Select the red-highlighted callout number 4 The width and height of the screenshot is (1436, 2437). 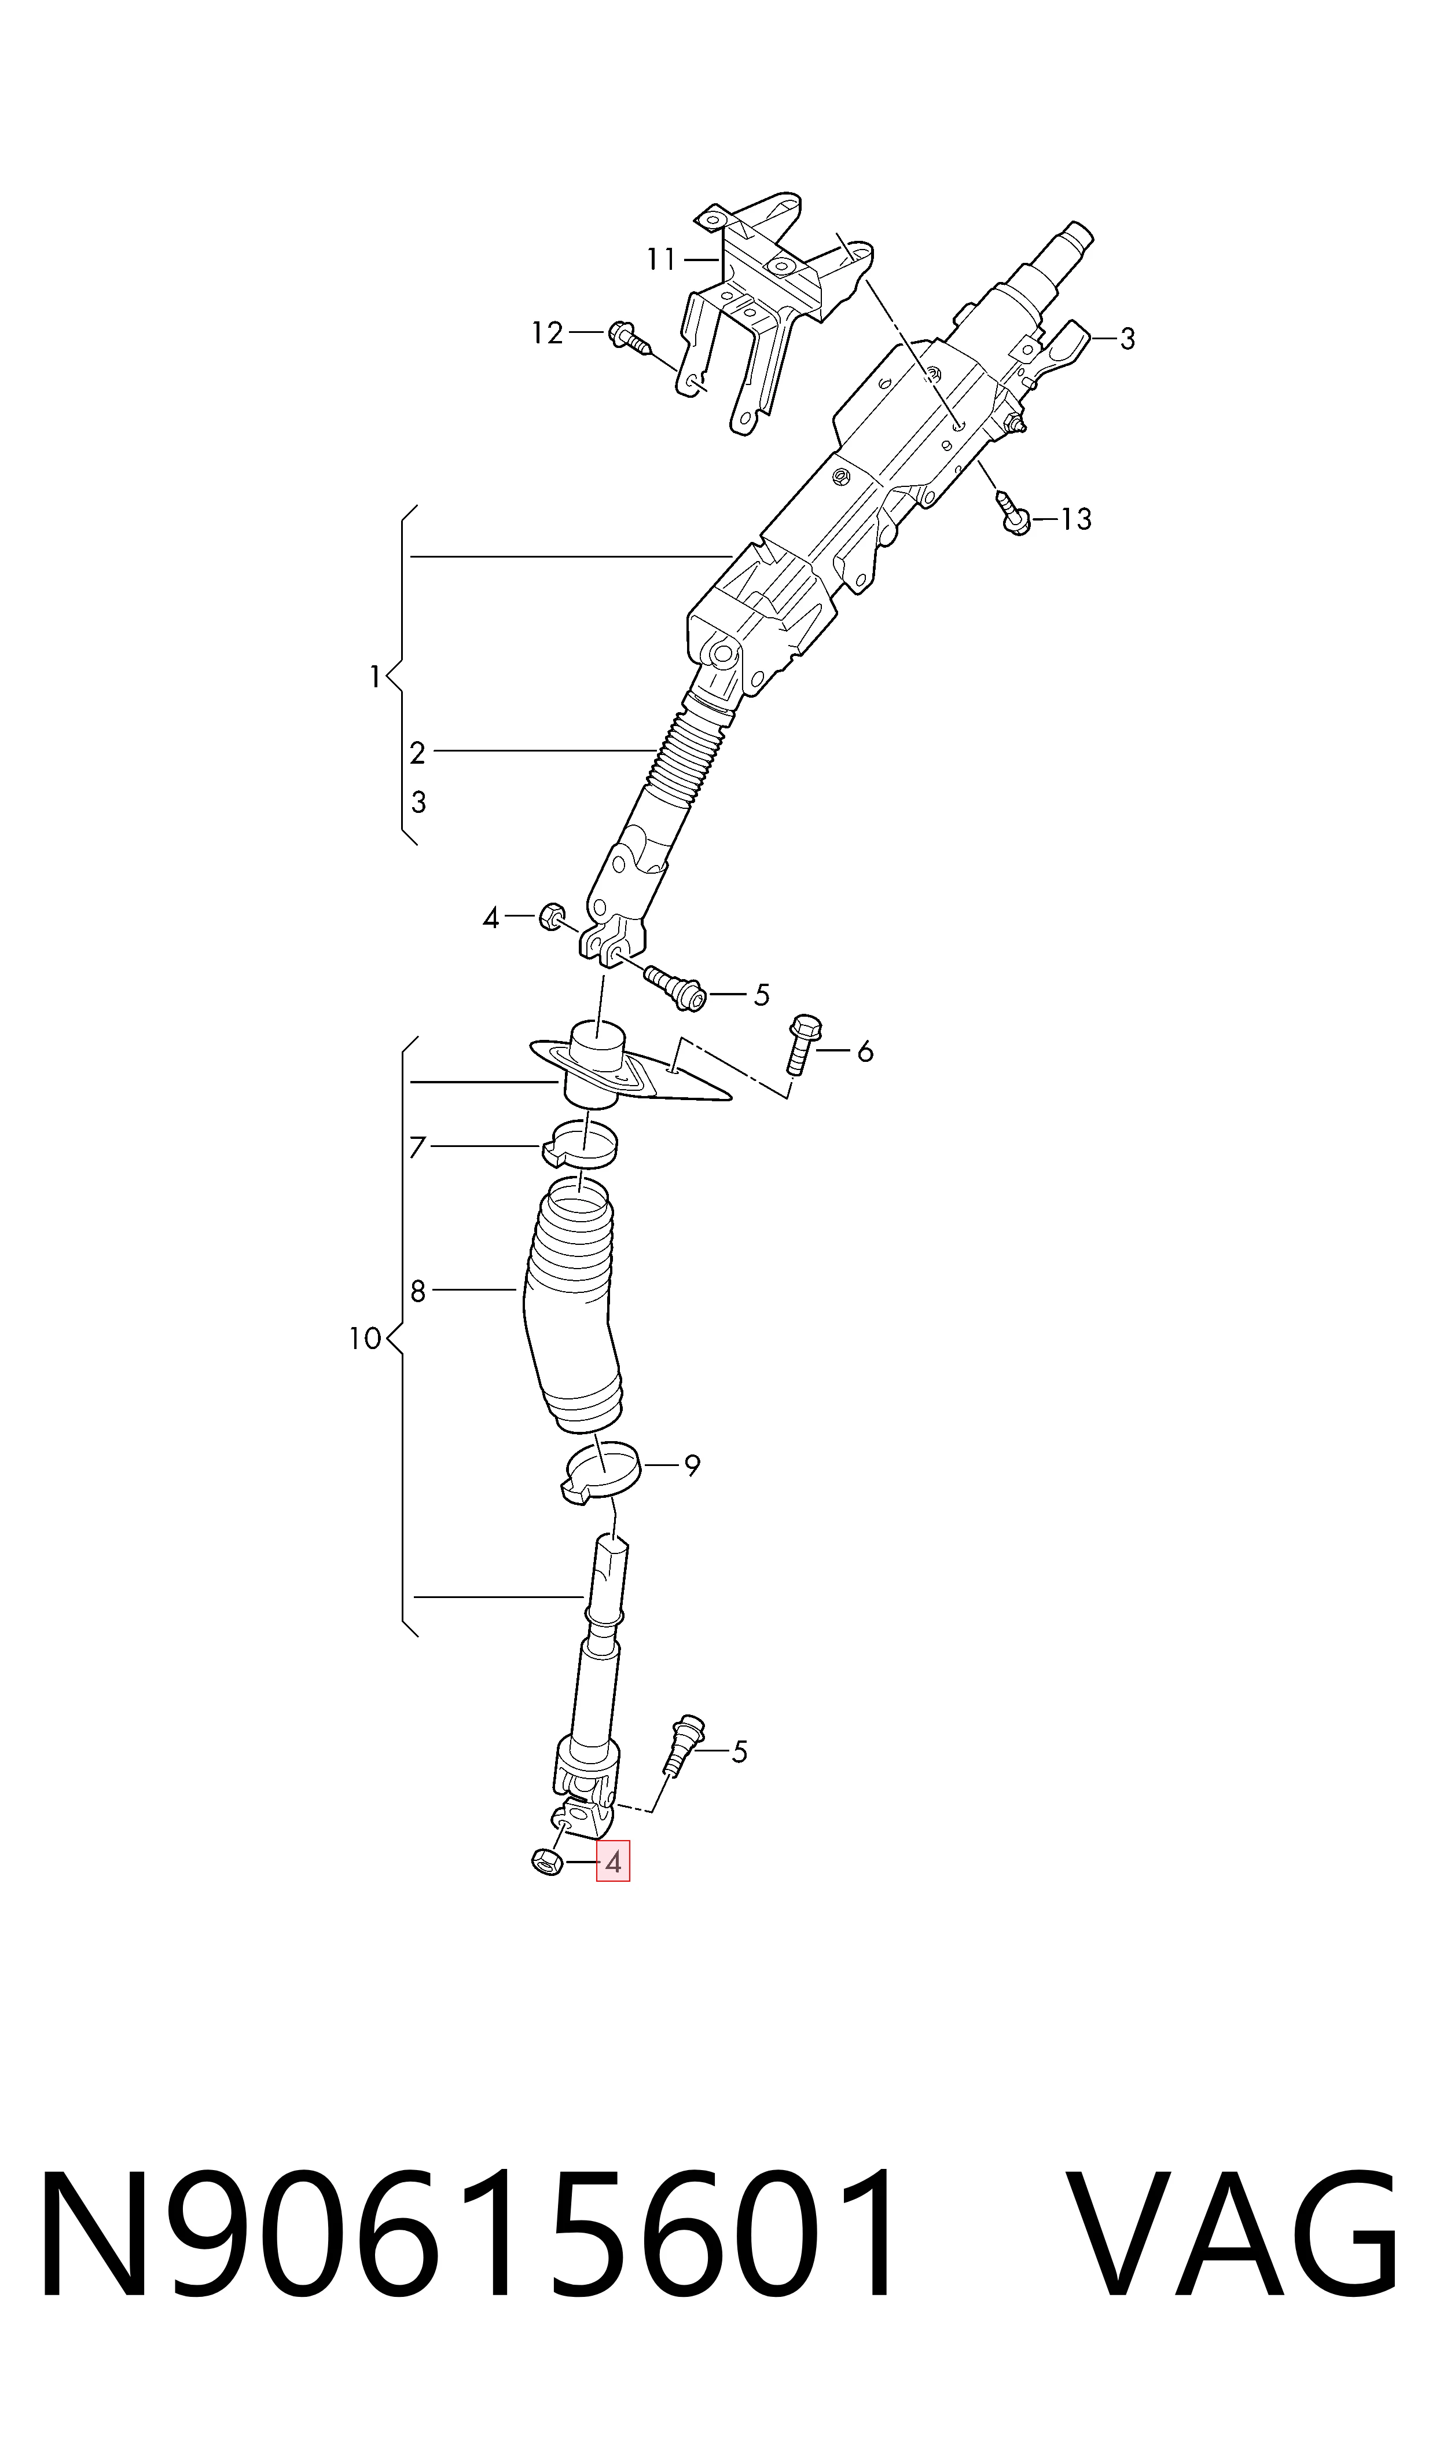(612, 1861)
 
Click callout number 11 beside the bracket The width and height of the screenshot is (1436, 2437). (661, 259)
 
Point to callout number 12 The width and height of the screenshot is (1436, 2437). (547, 333)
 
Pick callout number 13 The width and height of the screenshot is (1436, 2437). (1076, 520)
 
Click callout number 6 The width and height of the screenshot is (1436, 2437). (865, 1051)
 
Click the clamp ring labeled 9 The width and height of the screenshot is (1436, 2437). (600, 1472)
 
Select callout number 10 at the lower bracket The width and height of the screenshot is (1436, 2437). (365, 1339)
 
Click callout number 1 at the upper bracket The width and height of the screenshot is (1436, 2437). (374, 677)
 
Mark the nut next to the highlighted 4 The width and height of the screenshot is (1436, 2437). (548, 1861)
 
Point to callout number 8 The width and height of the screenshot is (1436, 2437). (418, 1291)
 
